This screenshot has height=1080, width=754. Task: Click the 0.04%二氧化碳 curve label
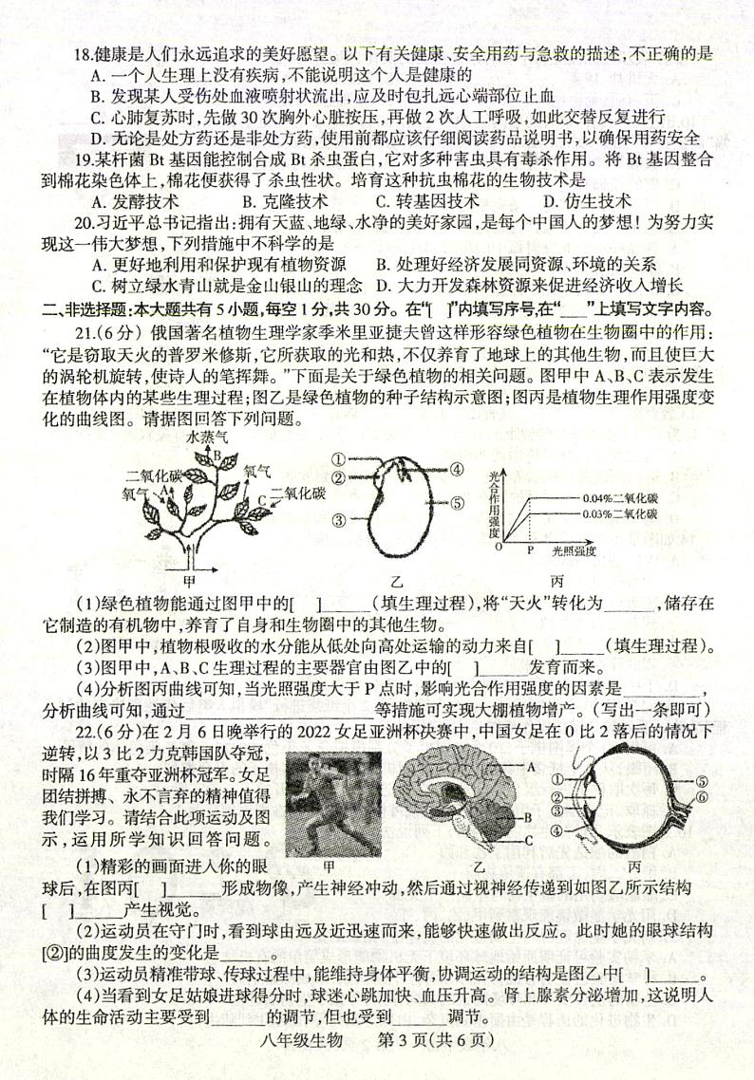[621, 497]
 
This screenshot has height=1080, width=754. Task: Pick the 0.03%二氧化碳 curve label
[621, 513]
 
